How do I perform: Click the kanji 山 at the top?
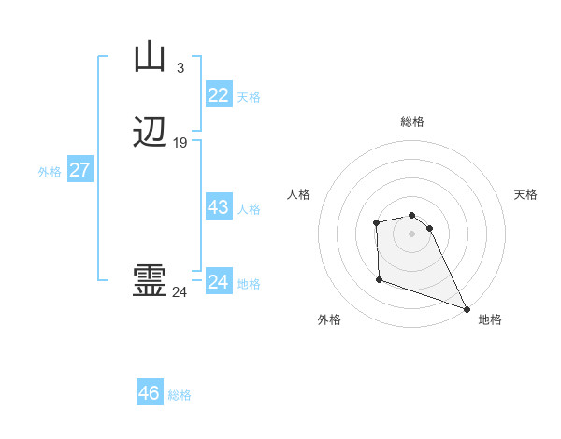150,58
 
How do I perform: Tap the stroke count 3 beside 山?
180,67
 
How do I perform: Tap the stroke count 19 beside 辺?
180,143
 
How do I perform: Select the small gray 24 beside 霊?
180,292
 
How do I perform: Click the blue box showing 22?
218,95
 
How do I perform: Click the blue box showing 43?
218,207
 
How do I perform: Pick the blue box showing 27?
79,170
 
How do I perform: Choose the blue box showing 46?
150,393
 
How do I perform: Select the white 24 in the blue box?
218,282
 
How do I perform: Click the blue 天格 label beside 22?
249,97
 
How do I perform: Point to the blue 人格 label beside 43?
249,209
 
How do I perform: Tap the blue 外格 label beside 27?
50,172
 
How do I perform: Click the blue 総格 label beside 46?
180,395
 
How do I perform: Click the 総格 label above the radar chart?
412,121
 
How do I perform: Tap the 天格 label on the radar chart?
526,194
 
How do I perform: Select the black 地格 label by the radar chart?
490,319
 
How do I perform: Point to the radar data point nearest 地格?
467,308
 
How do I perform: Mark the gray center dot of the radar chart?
411,233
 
